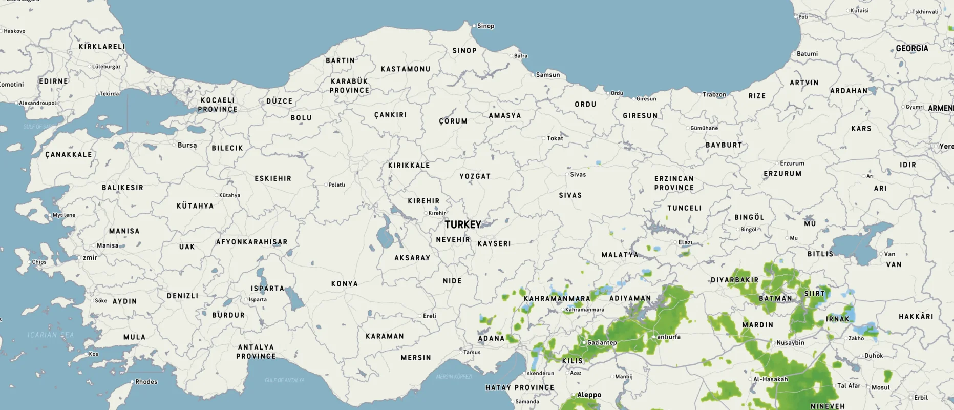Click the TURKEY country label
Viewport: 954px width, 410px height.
pos(463,224)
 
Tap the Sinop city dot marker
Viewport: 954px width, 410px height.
pos(474,25)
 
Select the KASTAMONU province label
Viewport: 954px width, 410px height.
pos(406,69)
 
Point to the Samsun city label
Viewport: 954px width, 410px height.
pos(548,75)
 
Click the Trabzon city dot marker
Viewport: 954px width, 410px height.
pos(699,94)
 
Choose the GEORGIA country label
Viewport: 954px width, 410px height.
pos(912,48)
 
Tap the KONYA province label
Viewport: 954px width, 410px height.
pos(345,283)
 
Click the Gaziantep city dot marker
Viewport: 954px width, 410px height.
pos(584,342)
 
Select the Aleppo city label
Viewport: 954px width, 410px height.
pos(589,395)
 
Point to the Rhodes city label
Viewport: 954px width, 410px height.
pos(146,381)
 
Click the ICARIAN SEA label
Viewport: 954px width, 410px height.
pos(51,335)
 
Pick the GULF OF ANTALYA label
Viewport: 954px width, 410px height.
pos(285,380)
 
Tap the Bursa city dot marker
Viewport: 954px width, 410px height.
pos(174,145)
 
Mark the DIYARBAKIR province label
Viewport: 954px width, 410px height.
pos(734,280)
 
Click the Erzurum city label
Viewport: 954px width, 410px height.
pos(792,163)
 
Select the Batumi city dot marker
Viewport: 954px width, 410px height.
pos(794,54)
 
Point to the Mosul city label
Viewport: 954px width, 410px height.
pos(881,387)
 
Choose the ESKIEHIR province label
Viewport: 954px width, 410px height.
pos(273,178)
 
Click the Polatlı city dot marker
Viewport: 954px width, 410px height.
pos(326,184)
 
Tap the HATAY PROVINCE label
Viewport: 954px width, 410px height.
pos(520,387)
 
